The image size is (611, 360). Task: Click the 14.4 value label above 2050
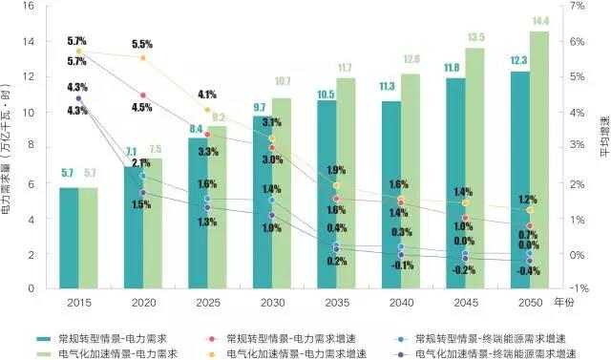[540, 21]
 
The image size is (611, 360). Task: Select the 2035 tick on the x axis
[336, 300]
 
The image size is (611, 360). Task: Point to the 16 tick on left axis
[30, 7]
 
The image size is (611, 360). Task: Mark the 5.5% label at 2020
[142, 44]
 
